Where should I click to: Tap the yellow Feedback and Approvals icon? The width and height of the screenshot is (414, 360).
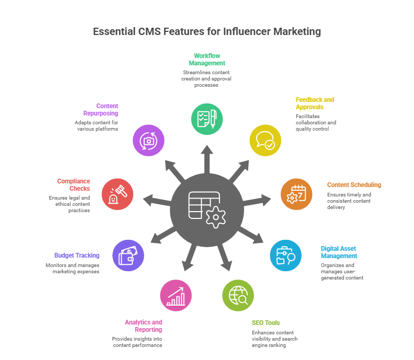point(265,141)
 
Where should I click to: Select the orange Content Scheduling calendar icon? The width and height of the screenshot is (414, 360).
point(296,194)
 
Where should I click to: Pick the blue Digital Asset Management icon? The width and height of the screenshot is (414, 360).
point(285,255)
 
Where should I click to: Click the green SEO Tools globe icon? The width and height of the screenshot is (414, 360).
point(238,295)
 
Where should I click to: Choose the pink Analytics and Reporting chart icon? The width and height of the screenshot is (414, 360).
point(175,295)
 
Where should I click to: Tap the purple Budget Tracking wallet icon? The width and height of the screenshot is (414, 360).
point(128,255)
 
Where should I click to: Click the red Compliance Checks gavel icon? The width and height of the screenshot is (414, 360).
point(118,194)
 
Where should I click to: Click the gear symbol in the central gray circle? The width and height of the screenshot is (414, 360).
point(214,216)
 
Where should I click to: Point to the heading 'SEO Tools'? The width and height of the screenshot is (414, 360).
point(266,322)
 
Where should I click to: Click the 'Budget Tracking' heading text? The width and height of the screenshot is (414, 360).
point(76,256)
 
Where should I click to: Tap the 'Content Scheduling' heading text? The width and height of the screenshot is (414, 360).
point(354,184)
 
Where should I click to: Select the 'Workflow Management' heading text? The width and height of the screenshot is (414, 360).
point(207,59)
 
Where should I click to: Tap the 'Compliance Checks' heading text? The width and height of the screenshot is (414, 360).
point(73,184)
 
